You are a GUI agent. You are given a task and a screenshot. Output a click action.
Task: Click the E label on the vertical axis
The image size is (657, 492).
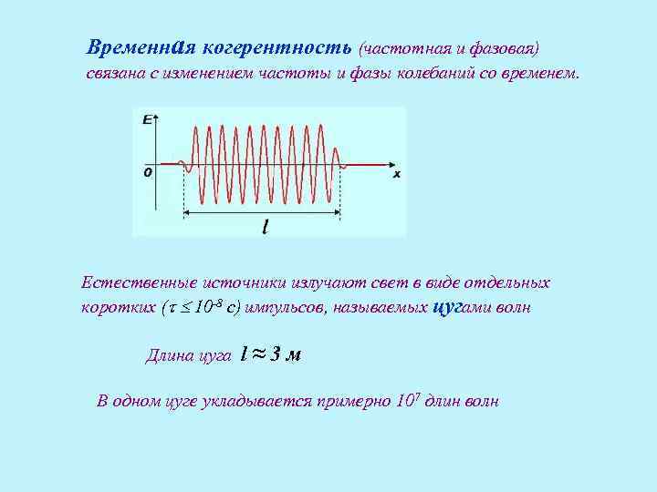(146, 118)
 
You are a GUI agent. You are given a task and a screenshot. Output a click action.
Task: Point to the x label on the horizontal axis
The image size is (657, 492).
(397, 172)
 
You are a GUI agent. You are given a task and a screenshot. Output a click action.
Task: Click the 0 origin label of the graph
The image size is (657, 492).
(147, 170)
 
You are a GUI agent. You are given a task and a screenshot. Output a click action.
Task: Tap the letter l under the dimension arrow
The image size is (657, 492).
(265, 226)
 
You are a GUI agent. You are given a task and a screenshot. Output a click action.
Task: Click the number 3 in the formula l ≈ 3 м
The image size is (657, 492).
(273, 354)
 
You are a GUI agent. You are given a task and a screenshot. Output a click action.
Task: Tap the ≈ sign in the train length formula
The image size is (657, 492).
(256, 354)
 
